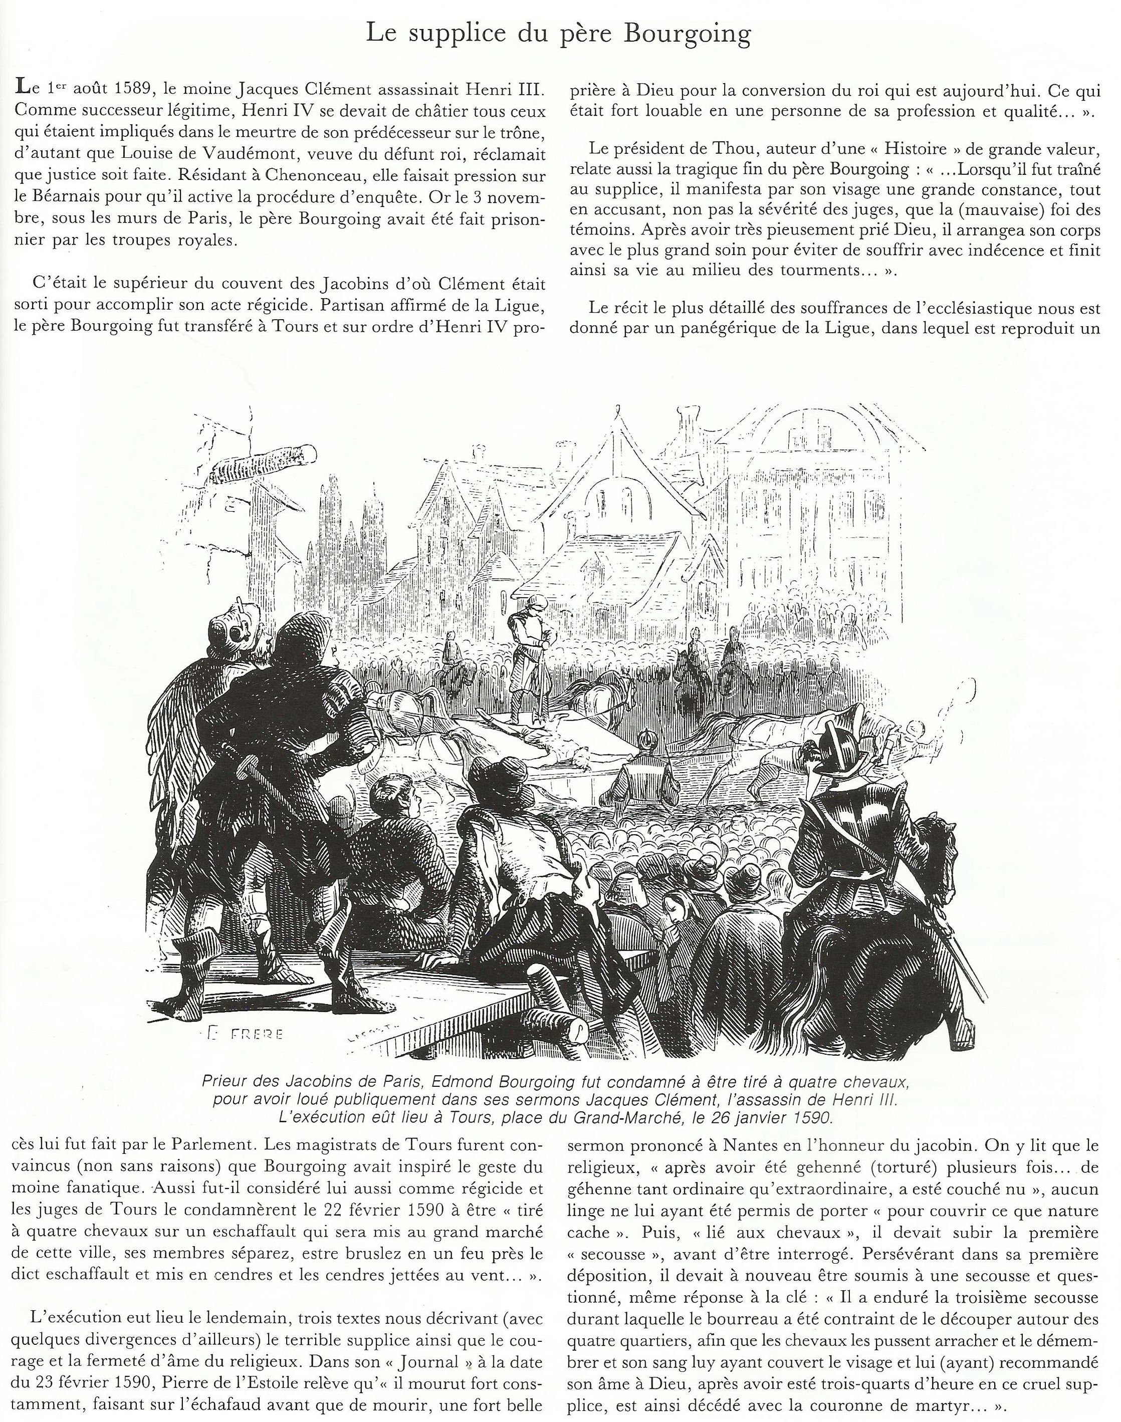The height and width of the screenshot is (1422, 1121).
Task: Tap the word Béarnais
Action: tap(72, 199)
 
